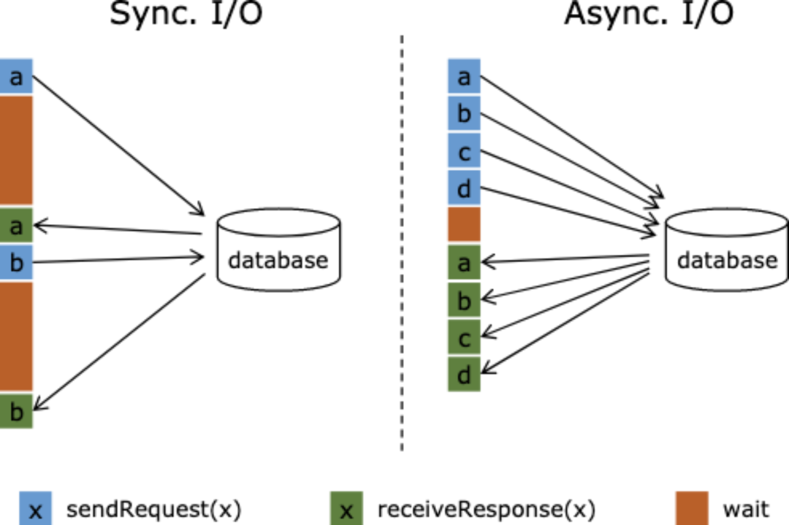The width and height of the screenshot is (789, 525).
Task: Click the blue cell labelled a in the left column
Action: point(17,76)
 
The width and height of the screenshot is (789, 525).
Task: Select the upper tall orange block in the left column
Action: point(17,150)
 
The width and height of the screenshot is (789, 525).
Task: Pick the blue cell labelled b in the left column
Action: point(17,262)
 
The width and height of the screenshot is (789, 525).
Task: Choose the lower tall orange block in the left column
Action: point(17,337)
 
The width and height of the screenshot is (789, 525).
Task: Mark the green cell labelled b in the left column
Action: point(17,411)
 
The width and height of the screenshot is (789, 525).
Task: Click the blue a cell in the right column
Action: point(463,76)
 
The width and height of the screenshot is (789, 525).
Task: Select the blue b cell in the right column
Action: point(463,113)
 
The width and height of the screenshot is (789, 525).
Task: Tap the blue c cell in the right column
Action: point(463,151)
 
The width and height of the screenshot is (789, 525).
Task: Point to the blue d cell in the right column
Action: point(463,188)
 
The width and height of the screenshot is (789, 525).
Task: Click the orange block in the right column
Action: point(463,225)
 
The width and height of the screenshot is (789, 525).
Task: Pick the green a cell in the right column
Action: point(463,262)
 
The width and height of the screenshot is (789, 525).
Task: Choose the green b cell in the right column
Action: point(463,299)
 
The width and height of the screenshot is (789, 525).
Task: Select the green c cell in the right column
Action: point(463,337)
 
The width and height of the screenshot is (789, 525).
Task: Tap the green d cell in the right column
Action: point(463,375)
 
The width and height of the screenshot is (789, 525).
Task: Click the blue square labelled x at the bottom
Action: point(36,508)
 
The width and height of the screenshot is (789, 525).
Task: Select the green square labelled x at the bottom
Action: point(346,508)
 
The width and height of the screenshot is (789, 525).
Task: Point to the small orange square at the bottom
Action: point(691,508)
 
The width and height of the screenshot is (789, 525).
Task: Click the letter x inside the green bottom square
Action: point(347,512)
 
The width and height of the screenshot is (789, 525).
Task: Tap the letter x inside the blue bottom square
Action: point(36,512)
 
